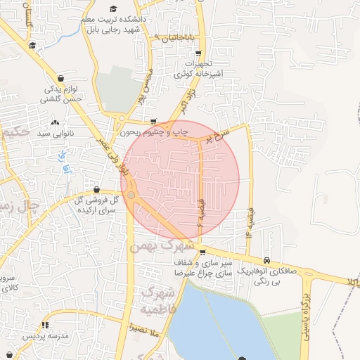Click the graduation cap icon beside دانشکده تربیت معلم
(x=113, y=8)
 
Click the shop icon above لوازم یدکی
(x=63, y=79)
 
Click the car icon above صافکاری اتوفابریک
(x=266, y=259)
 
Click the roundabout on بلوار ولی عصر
(x=131, y=195)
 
